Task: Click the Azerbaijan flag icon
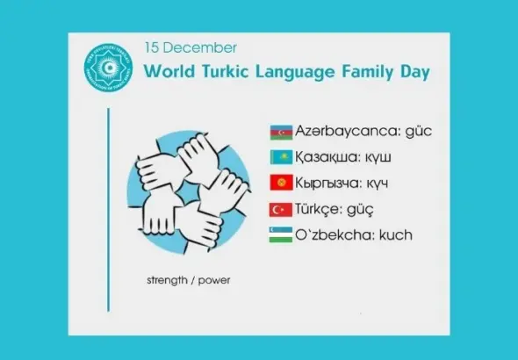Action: [x=281, y=132]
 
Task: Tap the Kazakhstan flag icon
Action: [x=281, y=158]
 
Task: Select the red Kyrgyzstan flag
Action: [x=281, y=184]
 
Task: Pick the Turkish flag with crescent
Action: [x=281, y=210]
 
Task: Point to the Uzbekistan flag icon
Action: [x=281, y=234]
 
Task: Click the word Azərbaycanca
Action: [x=346, y=132]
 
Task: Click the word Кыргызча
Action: [x=330, y=184]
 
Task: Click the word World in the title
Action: [x=168, y=71]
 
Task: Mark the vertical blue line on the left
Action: [x=108, y=211]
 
